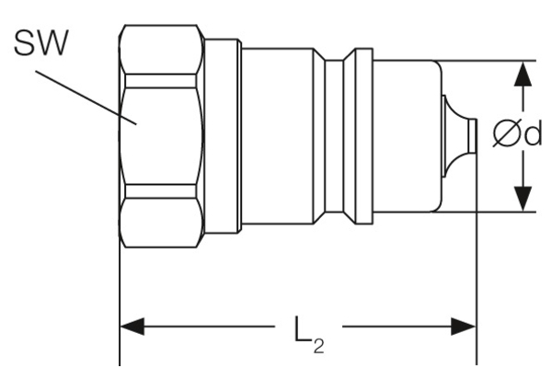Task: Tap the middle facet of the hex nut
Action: pos(160,136)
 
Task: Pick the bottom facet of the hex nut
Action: pos(160,217)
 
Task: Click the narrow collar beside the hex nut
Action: pos(221,136)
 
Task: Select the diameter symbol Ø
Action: pos(506,136)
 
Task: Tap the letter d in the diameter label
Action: pos(533,135)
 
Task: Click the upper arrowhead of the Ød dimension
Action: pos(523,75)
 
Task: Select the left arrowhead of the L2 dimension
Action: pos(134,327)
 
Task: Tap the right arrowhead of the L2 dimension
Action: pos(464,327)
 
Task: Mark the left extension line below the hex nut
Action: pos(120,294)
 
